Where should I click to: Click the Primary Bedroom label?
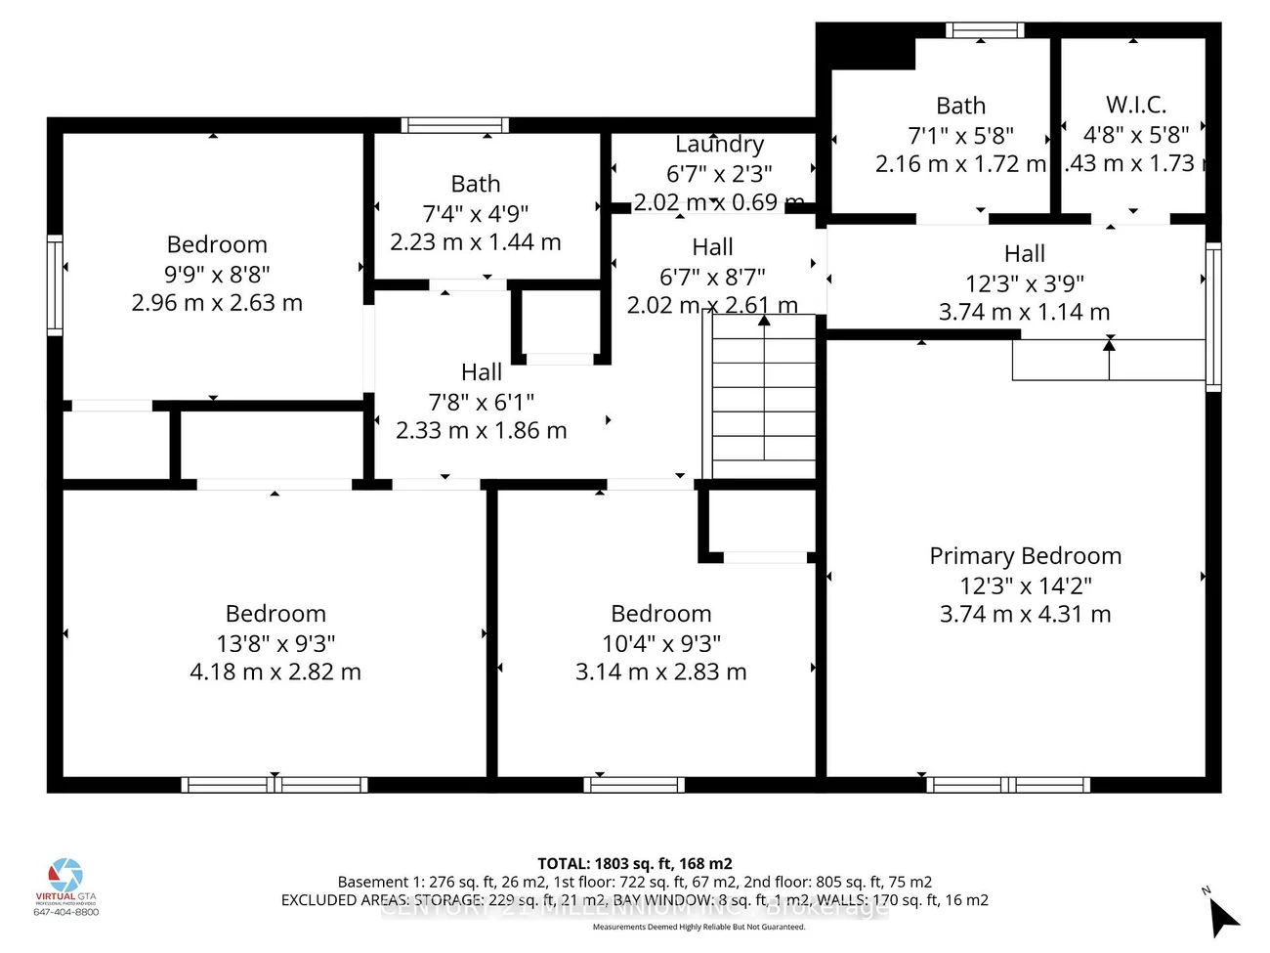pyautogui.click(x=1025, y=556)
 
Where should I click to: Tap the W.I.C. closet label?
pyautogui.click(x=1136, y=105)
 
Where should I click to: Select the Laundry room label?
pyautogui.click(x=719, y=145)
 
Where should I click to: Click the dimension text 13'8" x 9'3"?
pyautogui.click(x=275, y=643)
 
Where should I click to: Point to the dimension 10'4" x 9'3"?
pyautogui.click(x=661, y=643)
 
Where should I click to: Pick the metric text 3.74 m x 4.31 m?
pyautogui.click(x=1025, y=614)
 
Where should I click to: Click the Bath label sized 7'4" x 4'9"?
pyautogui.click(x=476, y=184)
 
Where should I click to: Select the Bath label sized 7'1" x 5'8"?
pyautogui.click(x=960, y=106)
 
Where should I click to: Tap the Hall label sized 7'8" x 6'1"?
pyautogui.click(x=482, y=372)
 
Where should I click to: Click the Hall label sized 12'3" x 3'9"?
pyautogui.click(x=1024, y=254)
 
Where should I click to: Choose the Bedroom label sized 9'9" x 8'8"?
pyautogui.click(x=217, y=244)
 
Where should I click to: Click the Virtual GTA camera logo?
pyautogui.click(x=66, y=875)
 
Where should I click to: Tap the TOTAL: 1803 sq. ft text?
pyautogui.click(x=634, y=863)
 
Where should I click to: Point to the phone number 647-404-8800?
pyautogui.click(x=66, y=912)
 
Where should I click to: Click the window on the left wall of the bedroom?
pyautogui.click(x=56, y=285)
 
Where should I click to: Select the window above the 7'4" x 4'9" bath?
pyautogui.click(x=454, y=125)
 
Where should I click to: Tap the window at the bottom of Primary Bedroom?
pyautogui.click(x=1007, y=784)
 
